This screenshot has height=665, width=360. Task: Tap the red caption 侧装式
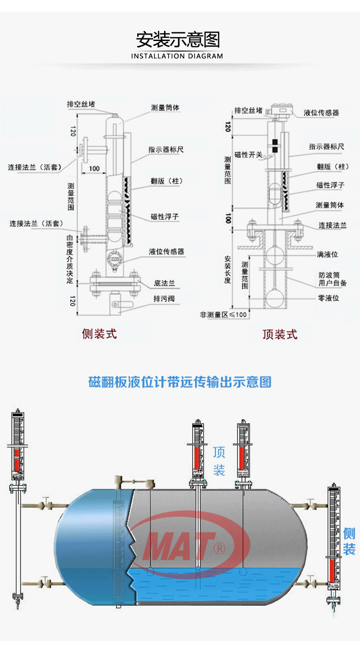coord(99,334)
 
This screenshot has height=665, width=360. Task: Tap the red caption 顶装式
coord(280,335)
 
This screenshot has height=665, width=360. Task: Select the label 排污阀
coord(164,299)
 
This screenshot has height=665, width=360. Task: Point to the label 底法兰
coord(164,284)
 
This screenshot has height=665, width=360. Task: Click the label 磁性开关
coord(248,155)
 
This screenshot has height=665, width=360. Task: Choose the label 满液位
coord(328,254)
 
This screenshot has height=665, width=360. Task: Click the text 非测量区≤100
coord(223,314)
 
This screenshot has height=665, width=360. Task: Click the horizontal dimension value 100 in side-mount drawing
coord(94,168)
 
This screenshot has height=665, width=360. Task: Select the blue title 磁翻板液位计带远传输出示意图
coord(180,382)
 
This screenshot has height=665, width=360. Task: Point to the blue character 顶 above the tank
coord(219,453)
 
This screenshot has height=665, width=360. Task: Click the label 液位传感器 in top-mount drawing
coord(321,113)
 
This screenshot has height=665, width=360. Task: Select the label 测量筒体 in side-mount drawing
coord(165,108)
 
